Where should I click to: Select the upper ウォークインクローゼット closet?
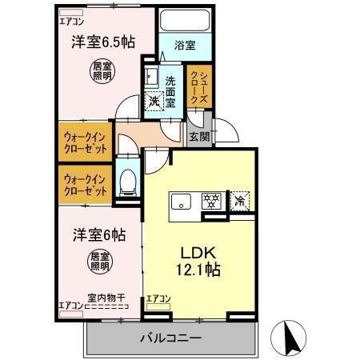coord(85,142)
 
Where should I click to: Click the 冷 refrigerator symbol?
coord(238,201)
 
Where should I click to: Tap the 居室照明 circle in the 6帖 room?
coord(101,262)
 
